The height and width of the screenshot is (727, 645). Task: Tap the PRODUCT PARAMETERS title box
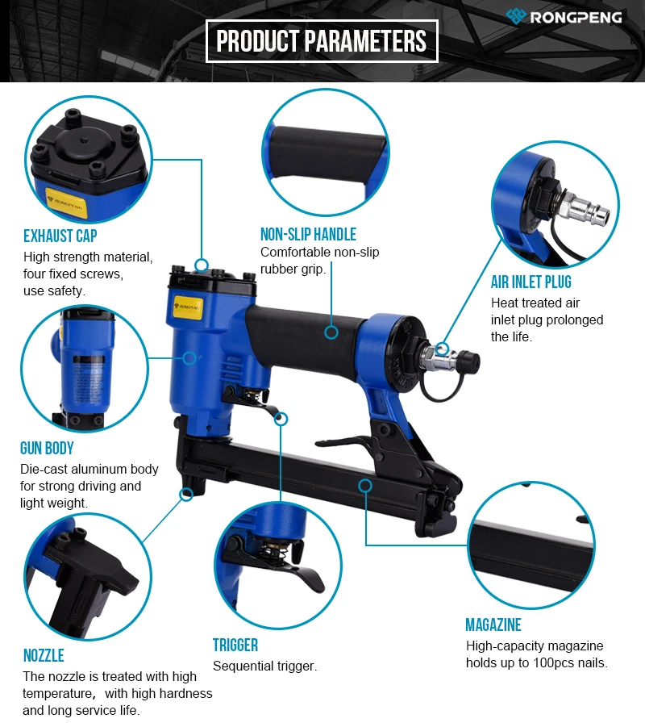click(x=322, y=41)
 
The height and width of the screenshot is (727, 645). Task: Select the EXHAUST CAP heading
click(x=60, y=236)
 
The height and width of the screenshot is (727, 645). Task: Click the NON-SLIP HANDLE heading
click(x=308, y=235)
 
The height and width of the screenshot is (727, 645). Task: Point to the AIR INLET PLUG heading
click(x=531, y=282)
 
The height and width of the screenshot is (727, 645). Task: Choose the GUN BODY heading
click(x=47, y=449)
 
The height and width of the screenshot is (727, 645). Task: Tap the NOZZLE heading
click(x=44, y=655)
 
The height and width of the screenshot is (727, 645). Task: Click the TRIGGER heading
click(x=235, y=646)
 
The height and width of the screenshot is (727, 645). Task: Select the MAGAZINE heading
click(x=493, y=625)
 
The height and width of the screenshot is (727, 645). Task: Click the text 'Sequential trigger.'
click(x=265, y=666)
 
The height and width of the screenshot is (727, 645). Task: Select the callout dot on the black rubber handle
click(x=331, y=331)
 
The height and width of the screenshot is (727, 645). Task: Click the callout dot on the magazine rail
click(x=365, y=486)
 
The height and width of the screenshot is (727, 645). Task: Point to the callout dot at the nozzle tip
click(x=187, y=494)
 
